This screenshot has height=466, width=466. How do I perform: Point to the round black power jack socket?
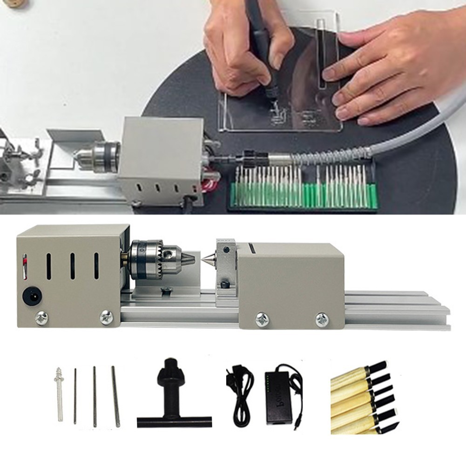(30, 295)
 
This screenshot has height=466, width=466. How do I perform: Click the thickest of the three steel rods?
(115, 396)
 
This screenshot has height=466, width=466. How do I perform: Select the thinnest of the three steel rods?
(75, 396)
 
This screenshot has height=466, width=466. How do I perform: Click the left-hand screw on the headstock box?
(41, 318)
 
